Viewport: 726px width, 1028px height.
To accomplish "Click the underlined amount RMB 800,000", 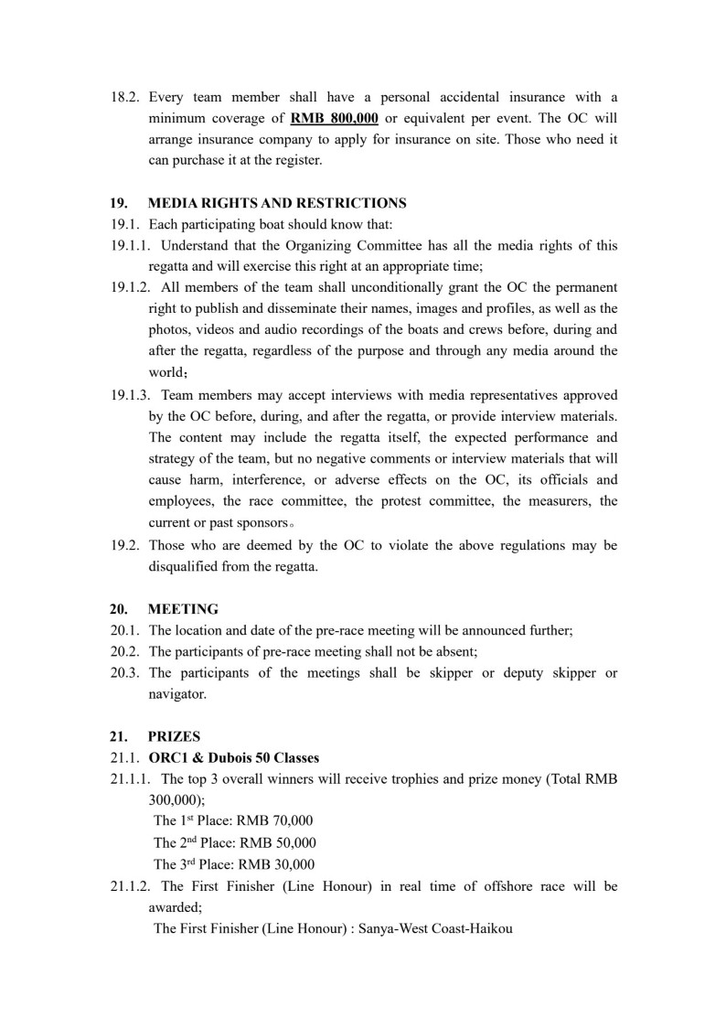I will (x=335, y=119).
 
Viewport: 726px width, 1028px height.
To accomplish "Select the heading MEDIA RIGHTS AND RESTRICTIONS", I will (x=277, y=203).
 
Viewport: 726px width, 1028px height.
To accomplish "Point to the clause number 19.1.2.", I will (x=131, y=287).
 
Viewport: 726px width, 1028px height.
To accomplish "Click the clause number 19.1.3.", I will (x=131, y=395).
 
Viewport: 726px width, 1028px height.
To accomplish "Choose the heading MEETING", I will (x=183, y=609).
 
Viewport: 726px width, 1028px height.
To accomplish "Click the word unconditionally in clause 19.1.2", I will (x=387, y=287).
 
